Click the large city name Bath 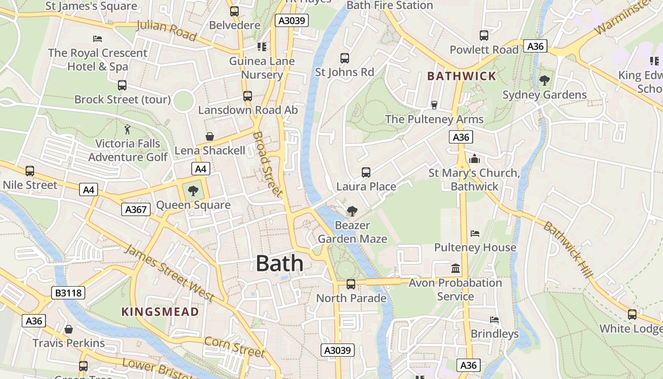279,263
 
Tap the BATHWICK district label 461,76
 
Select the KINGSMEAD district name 160,312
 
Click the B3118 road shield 69,293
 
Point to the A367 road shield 136,209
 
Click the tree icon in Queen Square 193,191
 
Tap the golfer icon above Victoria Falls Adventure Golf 127,129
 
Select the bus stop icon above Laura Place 366,172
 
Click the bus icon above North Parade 351,284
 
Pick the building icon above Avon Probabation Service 456,269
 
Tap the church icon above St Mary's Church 474,159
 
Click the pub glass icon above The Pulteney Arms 434,105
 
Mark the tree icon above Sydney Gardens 545,81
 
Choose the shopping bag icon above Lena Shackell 210,137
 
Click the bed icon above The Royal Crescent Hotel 98,38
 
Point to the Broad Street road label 267,164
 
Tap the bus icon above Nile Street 30,171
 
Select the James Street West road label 169,273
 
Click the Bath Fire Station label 390,5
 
